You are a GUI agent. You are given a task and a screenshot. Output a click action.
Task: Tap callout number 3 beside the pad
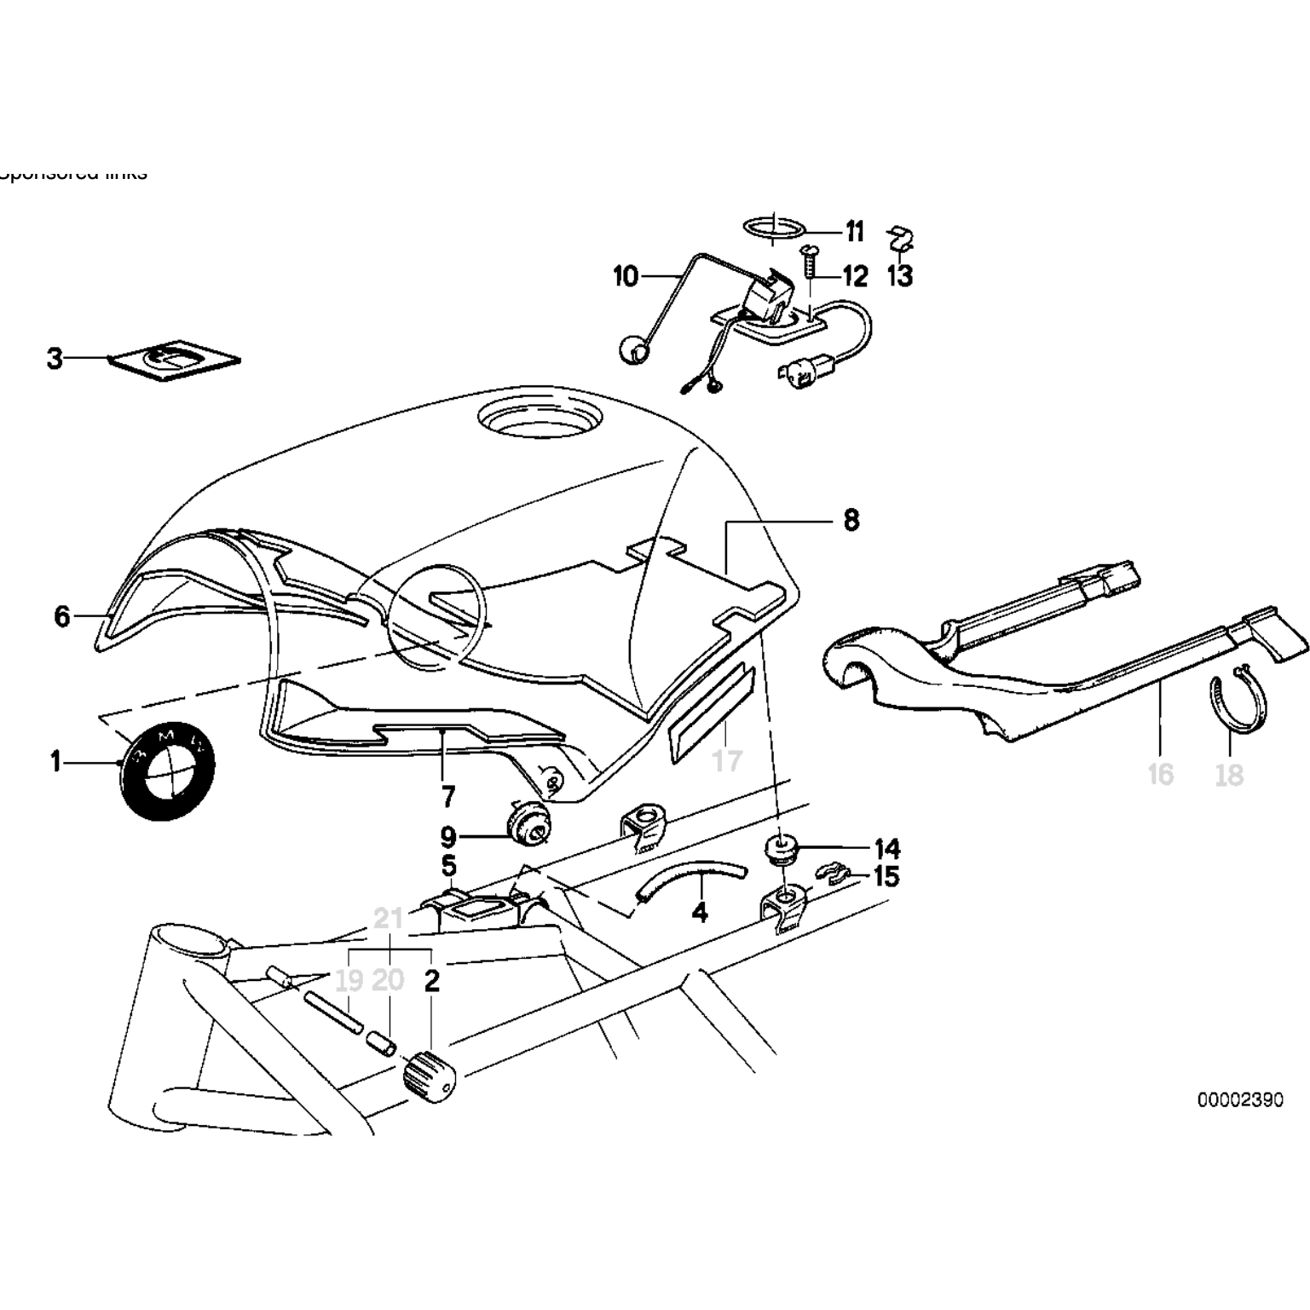pyautogui.click(x=55, y=359)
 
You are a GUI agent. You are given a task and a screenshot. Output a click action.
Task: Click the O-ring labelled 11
pyautogui.click(x=773, y=228)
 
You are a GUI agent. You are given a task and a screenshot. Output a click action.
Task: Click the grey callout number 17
pyautogui.click(x=727, y=760)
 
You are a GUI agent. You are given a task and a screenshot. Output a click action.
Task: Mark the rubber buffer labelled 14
pyautogui.click(x=778, y=849)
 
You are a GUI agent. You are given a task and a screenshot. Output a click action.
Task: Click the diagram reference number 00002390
pyautogui.click(x=1239, y=1099)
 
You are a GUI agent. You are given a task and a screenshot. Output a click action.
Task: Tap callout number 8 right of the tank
pyautogui.click(x=851, y=520)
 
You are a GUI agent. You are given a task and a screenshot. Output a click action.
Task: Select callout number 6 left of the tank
pyautogui.click(x=61, y=615)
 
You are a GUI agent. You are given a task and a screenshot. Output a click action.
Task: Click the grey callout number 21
pyautogui.click(x=389, y=920)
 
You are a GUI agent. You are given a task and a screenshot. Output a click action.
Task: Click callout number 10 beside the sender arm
pyautogui.click(x=626, y=276)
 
